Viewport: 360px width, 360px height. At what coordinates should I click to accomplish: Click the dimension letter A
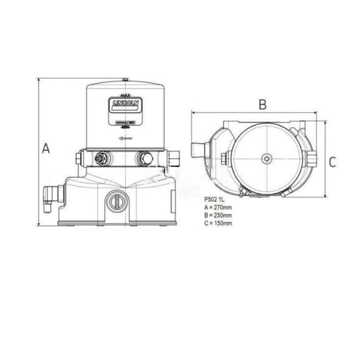45,149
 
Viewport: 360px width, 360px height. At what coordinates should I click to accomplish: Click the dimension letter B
263,104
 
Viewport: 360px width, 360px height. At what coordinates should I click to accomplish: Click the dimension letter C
332,162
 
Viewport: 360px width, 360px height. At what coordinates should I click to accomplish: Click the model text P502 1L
215,200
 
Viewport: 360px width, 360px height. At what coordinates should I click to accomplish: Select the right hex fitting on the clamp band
145,159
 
